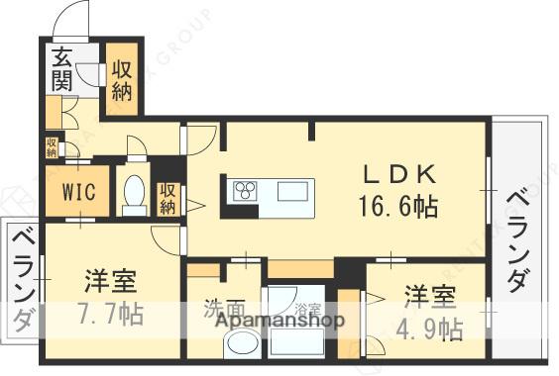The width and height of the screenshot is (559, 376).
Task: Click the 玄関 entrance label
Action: coord(61,69)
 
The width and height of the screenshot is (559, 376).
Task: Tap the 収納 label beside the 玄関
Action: coord(124,79)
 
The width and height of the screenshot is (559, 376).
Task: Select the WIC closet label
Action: coord(77,191)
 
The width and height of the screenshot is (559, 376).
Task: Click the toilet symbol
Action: coord(133,195)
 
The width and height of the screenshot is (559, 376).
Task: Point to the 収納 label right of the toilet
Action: coord(168,198)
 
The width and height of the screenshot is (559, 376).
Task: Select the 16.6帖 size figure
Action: coord(397,207)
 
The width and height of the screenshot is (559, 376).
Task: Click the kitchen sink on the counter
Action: coord(294,190)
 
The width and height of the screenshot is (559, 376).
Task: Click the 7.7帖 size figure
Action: coord(108,316)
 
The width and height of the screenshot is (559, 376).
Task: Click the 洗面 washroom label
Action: coord(224,307)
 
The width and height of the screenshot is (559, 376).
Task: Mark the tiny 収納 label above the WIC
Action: coord(51,147)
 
